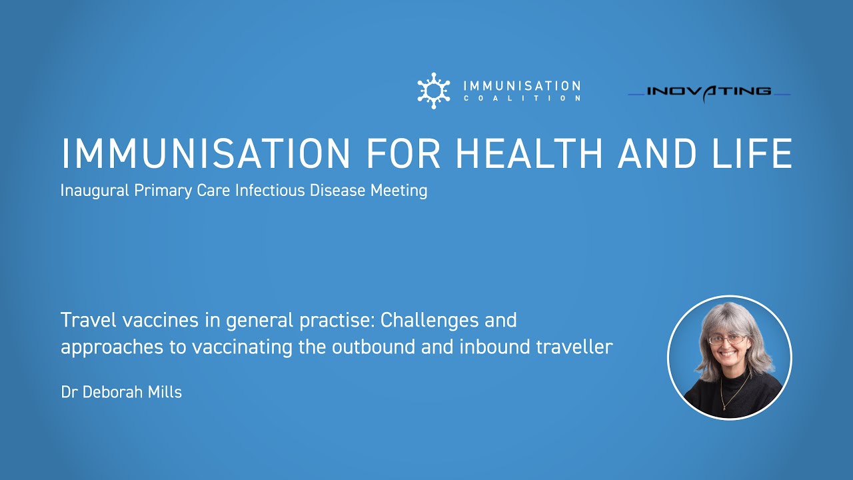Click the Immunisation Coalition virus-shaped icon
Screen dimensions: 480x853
tap(434, 91)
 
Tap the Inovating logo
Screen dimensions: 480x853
tap(709, 92)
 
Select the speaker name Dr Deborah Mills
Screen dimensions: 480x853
tap(121, 392)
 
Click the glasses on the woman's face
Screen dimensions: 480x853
tap(728, 339)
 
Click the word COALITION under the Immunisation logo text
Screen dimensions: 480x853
tap(521, 99)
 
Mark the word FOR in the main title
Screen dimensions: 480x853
tap(404, 154)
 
